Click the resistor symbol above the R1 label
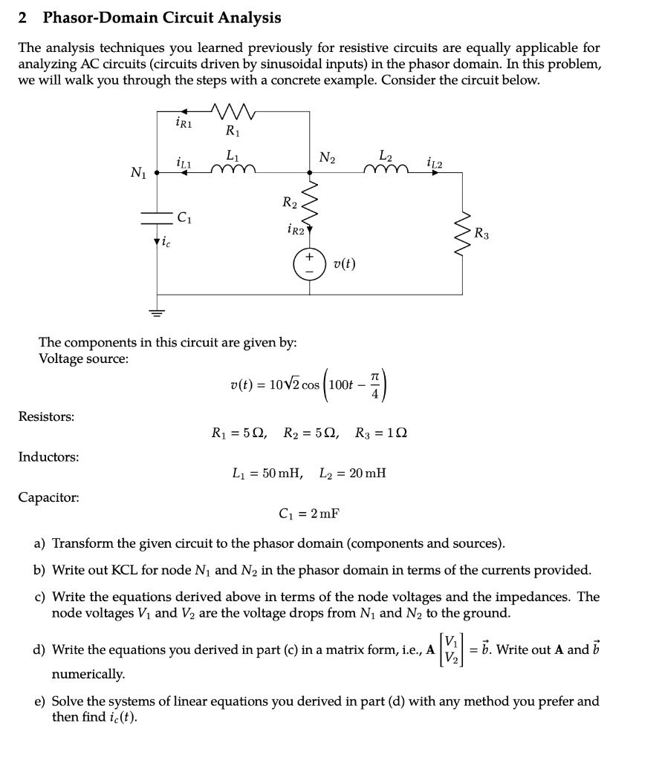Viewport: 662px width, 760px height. pyautogui.click(x=234, y=113)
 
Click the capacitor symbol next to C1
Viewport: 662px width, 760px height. pyautogui.click(x=158, y=217)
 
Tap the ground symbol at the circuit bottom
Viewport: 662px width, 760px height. pyautogui.click(x=158, y=311)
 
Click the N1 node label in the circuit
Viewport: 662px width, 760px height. pyautogui.click(x=138, y=174)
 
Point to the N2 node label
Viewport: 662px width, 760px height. pyautogui.click(x=327, y=157)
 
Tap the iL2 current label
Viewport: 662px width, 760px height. pyautogui.click(x=435, y=161)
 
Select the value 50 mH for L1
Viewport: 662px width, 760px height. pyautogui.click(x=279, y=473)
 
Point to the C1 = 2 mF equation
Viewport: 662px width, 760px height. pyautogui.click(x=309, y=513)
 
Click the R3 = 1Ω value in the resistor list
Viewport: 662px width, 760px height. pyautogui.click(x=379, y=433)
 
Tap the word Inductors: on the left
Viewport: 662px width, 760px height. pyautogui.click(x=48, y=456)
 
